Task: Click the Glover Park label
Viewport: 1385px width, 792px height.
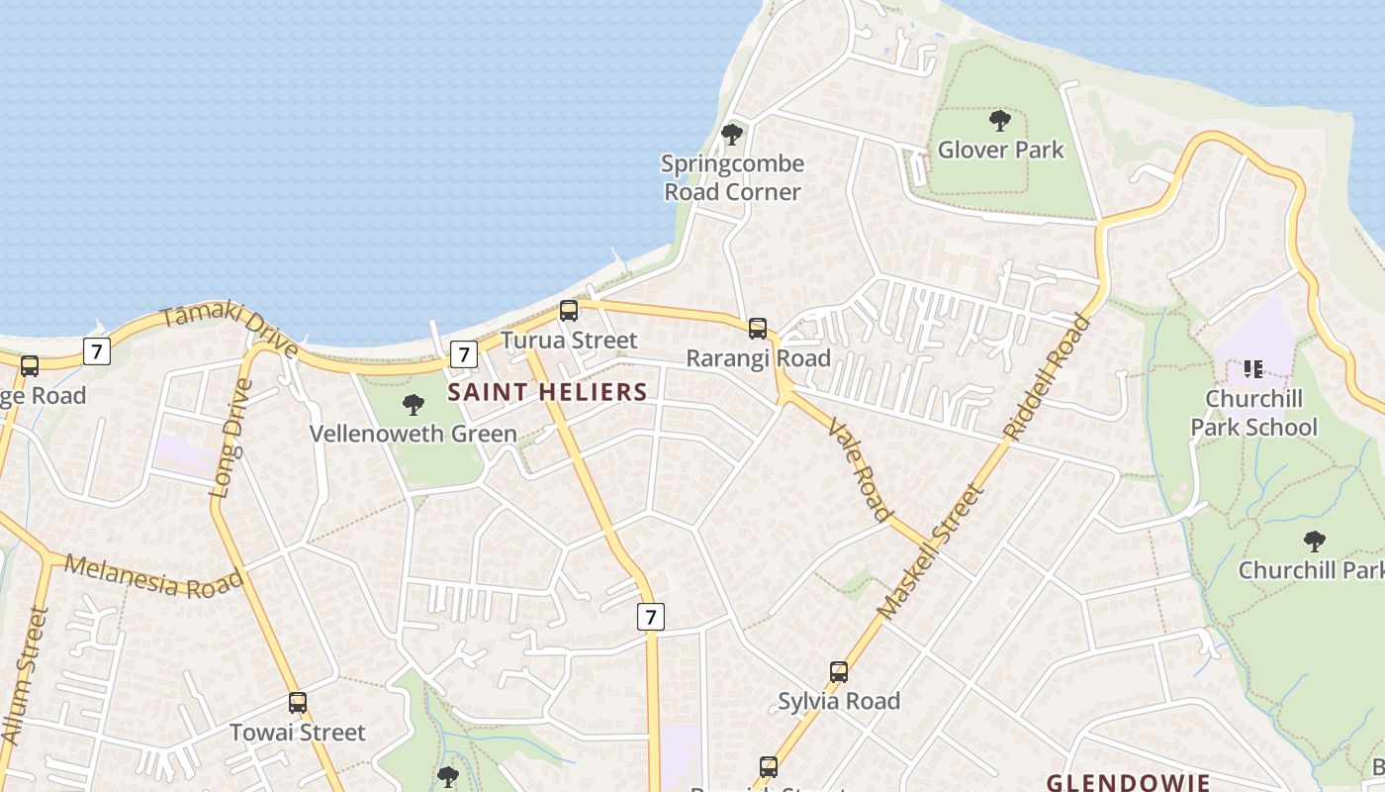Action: pos(1000,149)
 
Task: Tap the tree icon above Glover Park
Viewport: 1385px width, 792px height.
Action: pos(1000,122)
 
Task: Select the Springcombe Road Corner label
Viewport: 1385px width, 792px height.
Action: pos(733,177)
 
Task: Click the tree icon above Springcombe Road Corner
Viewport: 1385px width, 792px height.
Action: pos(732,134)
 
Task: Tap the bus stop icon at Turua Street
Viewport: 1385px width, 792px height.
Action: pos(569,311)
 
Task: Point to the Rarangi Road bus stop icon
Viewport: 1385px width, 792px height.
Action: pos(758,329)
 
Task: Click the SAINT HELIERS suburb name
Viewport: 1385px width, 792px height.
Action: pos(547,392)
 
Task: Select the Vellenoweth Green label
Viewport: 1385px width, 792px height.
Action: pos(414,434)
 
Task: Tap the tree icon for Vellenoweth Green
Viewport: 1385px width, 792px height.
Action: pos(414,404)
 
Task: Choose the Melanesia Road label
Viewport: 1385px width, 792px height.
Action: pos(153,576)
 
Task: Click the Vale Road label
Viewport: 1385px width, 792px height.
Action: pos(859,468)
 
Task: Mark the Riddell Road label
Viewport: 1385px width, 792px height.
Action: pos(1047,377)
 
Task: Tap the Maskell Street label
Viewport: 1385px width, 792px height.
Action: pos(932,550)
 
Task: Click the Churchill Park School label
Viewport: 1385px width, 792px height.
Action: pos(1253,413)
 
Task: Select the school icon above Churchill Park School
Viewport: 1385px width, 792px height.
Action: pos(1253,369)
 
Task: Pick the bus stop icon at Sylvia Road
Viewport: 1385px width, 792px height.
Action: pos(839,672)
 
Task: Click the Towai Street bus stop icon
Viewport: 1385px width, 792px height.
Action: pos(298,703)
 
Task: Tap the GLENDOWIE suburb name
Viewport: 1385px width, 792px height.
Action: pos(1128,782)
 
